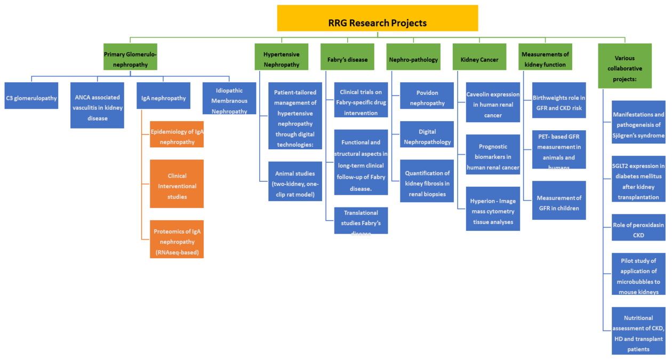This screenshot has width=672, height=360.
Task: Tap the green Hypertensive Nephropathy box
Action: pos(281,59)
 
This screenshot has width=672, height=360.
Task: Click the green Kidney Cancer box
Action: pos(479,59)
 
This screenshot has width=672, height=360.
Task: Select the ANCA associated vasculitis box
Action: pos(98,105)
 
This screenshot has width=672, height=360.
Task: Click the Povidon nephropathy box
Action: pos(427,98)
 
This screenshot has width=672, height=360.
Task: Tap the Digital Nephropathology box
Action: pos(427,137)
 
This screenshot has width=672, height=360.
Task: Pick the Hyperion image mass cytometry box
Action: pos(492,211)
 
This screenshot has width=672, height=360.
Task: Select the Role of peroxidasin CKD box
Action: pos(638,230)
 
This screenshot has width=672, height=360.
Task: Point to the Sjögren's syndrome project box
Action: pos(638,125)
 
